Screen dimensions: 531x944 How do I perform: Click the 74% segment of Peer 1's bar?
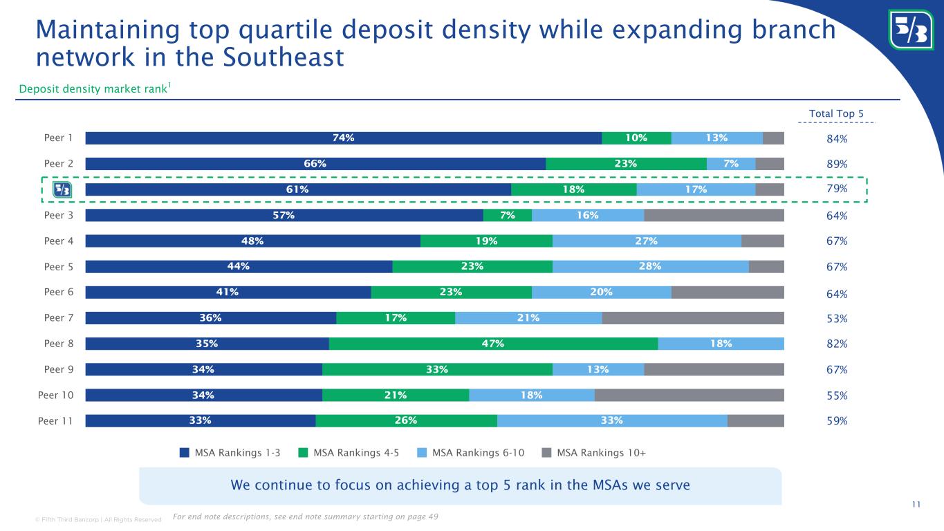344,138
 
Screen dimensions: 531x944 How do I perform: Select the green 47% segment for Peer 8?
493,344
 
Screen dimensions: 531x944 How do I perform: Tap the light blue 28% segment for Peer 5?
650,266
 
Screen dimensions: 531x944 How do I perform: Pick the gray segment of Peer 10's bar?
689,395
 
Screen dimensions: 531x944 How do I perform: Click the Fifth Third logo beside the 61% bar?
62,189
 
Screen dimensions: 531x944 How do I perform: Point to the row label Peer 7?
59,318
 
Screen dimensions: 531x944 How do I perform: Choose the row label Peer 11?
56,420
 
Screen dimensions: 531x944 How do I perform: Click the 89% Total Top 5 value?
837,165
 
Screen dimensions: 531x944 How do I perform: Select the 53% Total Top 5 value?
837,319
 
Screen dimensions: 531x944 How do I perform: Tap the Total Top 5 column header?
837,113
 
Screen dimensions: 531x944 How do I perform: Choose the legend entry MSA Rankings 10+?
601,453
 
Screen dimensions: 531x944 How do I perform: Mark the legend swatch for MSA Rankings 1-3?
185,453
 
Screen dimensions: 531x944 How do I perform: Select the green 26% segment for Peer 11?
406,420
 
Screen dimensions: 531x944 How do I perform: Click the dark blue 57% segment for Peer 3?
284,215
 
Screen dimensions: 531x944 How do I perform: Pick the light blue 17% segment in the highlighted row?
695,189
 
